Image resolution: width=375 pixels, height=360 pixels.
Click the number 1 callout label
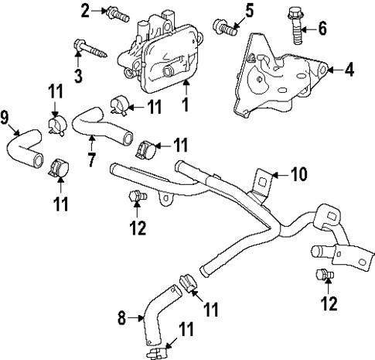(x=186, y=101)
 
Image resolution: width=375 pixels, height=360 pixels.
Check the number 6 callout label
(x=322, y=29)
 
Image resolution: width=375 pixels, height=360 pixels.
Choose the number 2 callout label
(x=85, y=10)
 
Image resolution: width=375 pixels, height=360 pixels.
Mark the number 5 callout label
(x=249, y=11)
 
